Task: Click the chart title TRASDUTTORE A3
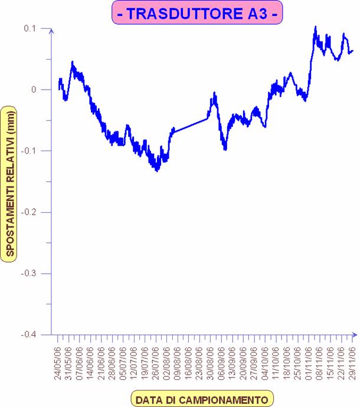tap(194, 13)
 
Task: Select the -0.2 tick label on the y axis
tap(28, 212)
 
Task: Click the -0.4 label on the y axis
tap(28, 334)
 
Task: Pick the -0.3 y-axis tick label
tap(28, 273)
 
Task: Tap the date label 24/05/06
tap(58, 364)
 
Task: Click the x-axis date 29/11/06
tap(352, 364)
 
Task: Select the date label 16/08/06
tap(188, 364)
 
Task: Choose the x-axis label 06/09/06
tap(220, 364)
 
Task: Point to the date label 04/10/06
tap(264, 364)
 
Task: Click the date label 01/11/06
tap(307, 364)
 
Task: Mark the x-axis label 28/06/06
tap(112, 364)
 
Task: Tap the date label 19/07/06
tap(145, 364)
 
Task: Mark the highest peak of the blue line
tap(316, 27)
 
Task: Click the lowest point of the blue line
tap(157, 170)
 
